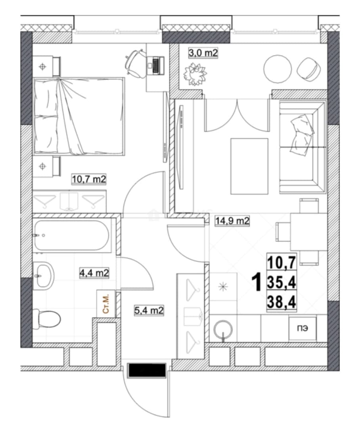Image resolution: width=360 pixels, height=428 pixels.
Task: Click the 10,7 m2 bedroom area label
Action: (89, 180)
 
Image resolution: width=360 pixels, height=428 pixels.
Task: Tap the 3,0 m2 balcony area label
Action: (203, 53)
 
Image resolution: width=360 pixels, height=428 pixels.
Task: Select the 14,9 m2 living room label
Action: (232, 220)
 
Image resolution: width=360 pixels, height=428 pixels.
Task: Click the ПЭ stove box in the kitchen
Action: (303, 329)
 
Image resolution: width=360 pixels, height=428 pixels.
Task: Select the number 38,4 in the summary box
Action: (281, 302)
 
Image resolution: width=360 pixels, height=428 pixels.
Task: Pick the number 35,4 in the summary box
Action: (281, 283)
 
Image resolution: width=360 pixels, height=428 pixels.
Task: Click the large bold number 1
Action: (257, 283)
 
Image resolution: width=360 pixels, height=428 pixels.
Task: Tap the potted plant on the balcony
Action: (195, 74)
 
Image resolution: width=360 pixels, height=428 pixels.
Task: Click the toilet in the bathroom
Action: (47, 319)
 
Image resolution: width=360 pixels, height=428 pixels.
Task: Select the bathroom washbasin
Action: (44, 276)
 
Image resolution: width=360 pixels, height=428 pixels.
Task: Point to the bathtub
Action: (72, 235)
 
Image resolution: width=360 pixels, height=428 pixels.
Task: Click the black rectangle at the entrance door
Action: (147, 371)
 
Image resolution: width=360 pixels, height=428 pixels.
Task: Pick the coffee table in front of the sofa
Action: (249, 166)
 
